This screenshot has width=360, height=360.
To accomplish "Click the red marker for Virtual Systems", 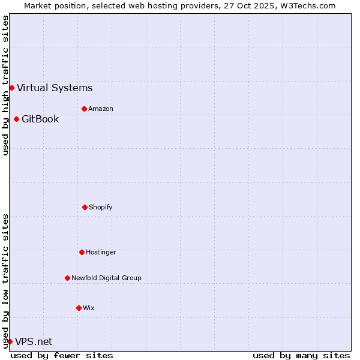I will pyautogui.click(x=11, y=88).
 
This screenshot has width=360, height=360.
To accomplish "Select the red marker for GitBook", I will pyautogui.click(x=16, y=119).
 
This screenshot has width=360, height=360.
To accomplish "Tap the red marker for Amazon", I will pyautogui.click(x=84, y=109).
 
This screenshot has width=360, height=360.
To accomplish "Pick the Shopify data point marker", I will pyautogui.click(x=85, y=207).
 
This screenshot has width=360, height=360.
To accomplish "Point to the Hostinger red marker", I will pyautogui.click(x=82, y=252).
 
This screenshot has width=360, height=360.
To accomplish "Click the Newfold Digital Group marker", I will pyautogui.click(x=67, y=278).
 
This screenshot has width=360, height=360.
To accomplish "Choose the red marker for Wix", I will pyautogui.click(x=79, y=308).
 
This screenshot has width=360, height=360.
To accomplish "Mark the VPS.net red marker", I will pyautogui.click(x=10, y=341).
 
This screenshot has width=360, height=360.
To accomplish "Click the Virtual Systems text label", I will pyautogui.click(x=55, y=88).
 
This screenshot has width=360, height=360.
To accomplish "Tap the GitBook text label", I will pyautogui.click(x=40, y=119).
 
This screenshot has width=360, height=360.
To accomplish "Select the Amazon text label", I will pyautogui.click(x=101, y=109).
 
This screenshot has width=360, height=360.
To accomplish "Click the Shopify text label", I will pyautogui.click(x=101, y=207).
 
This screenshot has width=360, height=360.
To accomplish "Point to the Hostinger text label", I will pyautogui.click(x=101, y=252).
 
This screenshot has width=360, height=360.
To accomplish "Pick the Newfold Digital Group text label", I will pyautogui.click(x=106, y=278).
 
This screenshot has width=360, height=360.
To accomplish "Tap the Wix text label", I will pyautogui.click(x=89, y=308).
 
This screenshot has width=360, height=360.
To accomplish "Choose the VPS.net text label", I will pyautogui.click(x=34, y=341).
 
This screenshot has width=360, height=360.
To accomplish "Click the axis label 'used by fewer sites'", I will pyautogui.click(x=62, y=355).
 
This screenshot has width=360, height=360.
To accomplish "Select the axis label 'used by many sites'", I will pyautogui.click(x=301, y=355).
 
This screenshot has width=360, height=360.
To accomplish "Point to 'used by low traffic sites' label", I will pyautogui.click(x=5, y=281).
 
